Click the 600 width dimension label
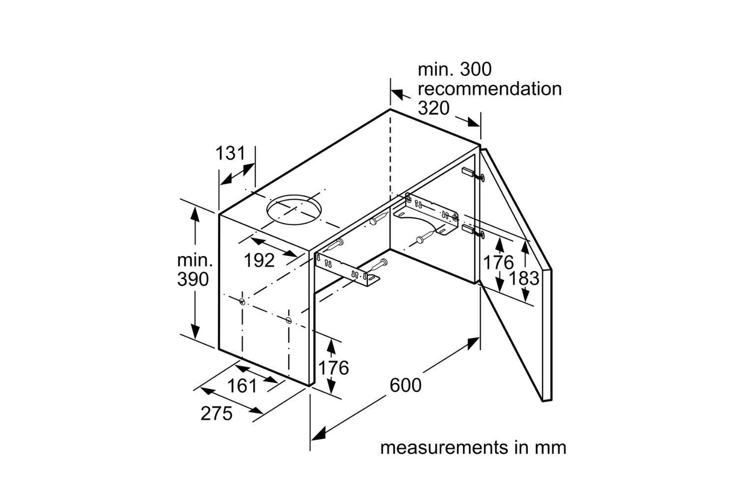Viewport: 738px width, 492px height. coord(405,385)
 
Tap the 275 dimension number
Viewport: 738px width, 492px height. coord(216,413)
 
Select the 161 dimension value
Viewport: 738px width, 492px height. coord(242,386)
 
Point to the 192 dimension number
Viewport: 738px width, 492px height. coord(259,260)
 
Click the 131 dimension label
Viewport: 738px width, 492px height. coord(230,153)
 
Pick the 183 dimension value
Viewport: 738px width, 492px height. coord(524,278)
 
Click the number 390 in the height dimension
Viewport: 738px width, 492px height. coord(193,279)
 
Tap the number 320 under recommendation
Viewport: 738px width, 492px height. coord(433,108)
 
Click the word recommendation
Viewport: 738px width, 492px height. coord(490,89)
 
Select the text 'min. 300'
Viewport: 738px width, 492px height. coord(455,69)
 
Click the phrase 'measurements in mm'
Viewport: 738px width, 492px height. coord(473,448)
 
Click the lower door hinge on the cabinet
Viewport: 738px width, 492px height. coord(473,231)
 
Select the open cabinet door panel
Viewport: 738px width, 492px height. coord(517,275)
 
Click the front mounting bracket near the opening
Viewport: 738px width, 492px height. coord(347,270)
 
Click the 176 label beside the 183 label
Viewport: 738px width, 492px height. coord(498,263)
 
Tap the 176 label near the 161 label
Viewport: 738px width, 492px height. coord(334,368)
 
